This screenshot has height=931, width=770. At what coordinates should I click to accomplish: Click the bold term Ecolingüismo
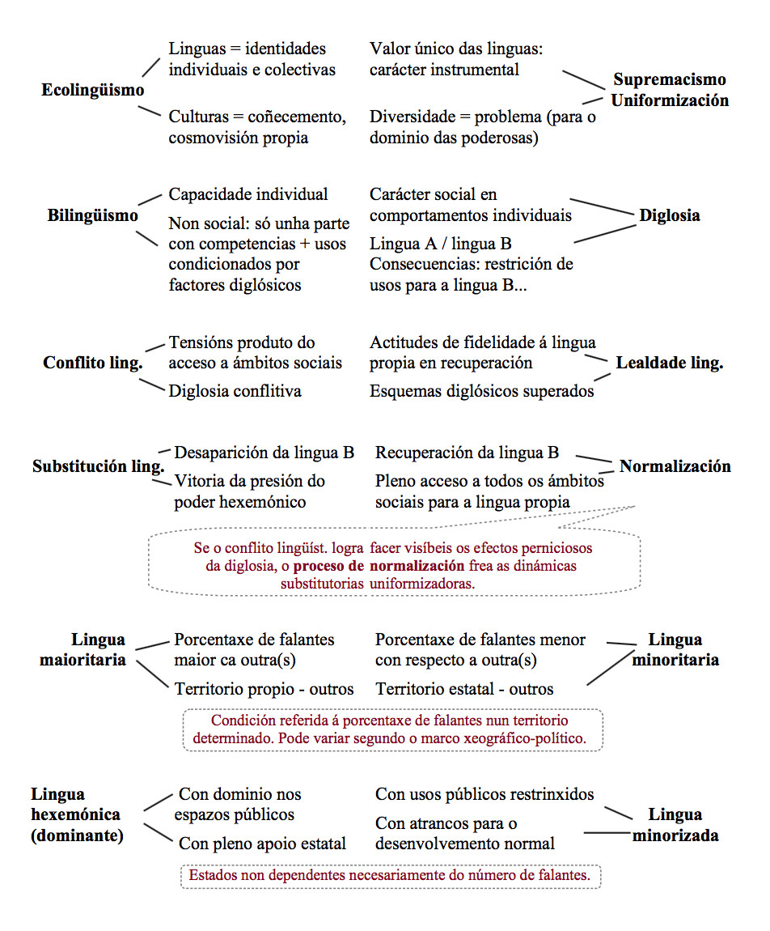click(x=92, y=90)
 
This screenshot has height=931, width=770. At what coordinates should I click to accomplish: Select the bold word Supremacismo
click(x=669, y=79)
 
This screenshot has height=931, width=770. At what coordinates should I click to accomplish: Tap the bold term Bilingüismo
click(x=92, y=215)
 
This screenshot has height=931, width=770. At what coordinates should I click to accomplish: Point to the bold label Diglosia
click(x=670, y=215)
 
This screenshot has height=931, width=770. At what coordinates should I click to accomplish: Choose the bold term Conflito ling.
click(x=92, y=363)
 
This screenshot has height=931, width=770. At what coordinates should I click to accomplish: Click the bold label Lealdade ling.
click(x=669, y=363)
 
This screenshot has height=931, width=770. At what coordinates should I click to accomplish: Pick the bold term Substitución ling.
click(x=98, y=467)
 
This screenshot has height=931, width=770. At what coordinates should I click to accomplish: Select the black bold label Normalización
click(x=675, y=466)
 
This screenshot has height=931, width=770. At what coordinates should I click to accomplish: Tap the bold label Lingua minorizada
click(x=675, y=825)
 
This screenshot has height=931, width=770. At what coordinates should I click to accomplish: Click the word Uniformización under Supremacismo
click(x=669, y=100)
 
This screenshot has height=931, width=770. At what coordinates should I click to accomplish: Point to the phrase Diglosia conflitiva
click(x=235, y=391)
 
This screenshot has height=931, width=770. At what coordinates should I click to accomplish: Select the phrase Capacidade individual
click(x=248, y=194)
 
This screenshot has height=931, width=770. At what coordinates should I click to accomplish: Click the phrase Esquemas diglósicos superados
click(x=481, y=391)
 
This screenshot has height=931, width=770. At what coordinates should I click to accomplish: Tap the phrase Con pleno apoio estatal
click(x=262, y=844)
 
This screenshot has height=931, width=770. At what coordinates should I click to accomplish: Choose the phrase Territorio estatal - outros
click(x=464, y=689)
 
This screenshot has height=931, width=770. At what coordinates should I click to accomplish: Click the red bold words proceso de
click(x=328, y=565)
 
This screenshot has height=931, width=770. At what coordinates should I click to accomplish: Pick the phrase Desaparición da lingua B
click(x=264, y=453)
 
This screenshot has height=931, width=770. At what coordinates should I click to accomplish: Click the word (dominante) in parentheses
click(x=77, y=835)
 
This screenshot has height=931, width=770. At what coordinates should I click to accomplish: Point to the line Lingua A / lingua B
click(x=440, y=243)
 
